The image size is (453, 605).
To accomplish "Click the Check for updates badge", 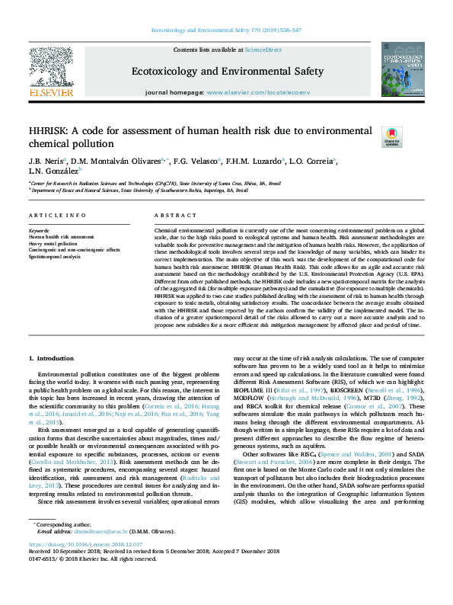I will [x=370, y=136].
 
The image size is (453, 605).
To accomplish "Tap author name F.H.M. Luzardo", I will [x=259, y=162].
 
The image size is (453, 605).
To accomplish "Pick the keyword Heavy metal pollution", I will [x=53, y=244].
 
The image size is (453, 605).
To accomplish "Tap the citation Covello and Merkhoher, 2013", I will [x=73, y=440].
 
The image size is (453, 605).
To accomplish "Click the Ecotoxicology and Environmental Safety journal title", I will [x=228, y=72].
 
